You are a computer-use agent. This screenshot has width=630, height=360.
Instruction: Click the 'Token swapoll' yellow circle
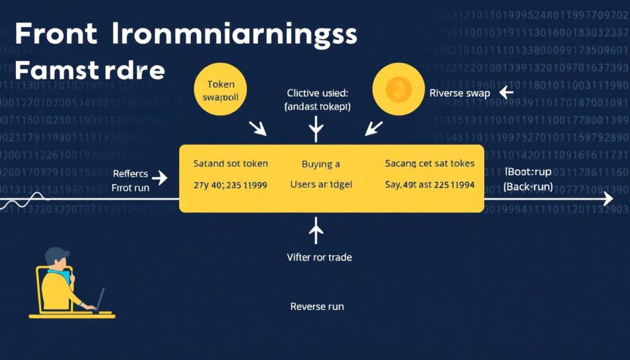[x=218, y=90]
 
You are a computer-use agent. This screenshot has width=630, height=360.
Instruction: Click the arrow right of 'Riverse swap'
[x=506, y=93]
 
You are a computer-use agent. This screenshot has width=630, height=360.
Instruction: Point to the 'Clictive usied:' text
[x=317, y=94]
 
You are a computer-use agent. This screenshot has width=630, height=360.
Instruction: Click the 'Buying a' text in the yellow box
[x=321, y=164]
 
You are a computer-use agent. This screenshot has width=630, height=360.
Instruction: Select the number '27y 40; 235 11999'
[x=230, y=185]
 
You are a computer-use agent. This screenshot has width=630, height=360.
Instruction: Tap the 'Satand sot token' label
[x=230, y=164]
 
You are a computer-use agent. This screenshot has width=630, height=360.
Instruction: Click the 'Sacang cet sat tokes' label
[x=430, y=164]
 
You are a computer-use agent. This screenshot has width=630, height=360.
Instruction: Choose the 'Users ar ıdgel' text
[x=321, y=185]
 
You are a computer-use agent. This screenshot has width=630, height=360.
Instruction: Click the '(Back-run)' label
[x=528, y=186]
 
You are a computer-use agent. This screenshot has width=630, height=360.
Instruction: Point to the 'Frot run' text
[x=130, y=188]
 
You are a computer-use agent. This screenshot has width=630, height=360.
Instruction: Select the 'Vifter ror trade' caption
[x=320, y=257]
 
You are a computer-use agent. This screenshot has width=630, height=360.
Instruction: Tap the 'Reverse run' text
[x=317, y=306]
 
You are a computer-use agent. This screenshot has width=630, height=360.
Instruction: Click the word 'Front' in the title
[x=55, y=34]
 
